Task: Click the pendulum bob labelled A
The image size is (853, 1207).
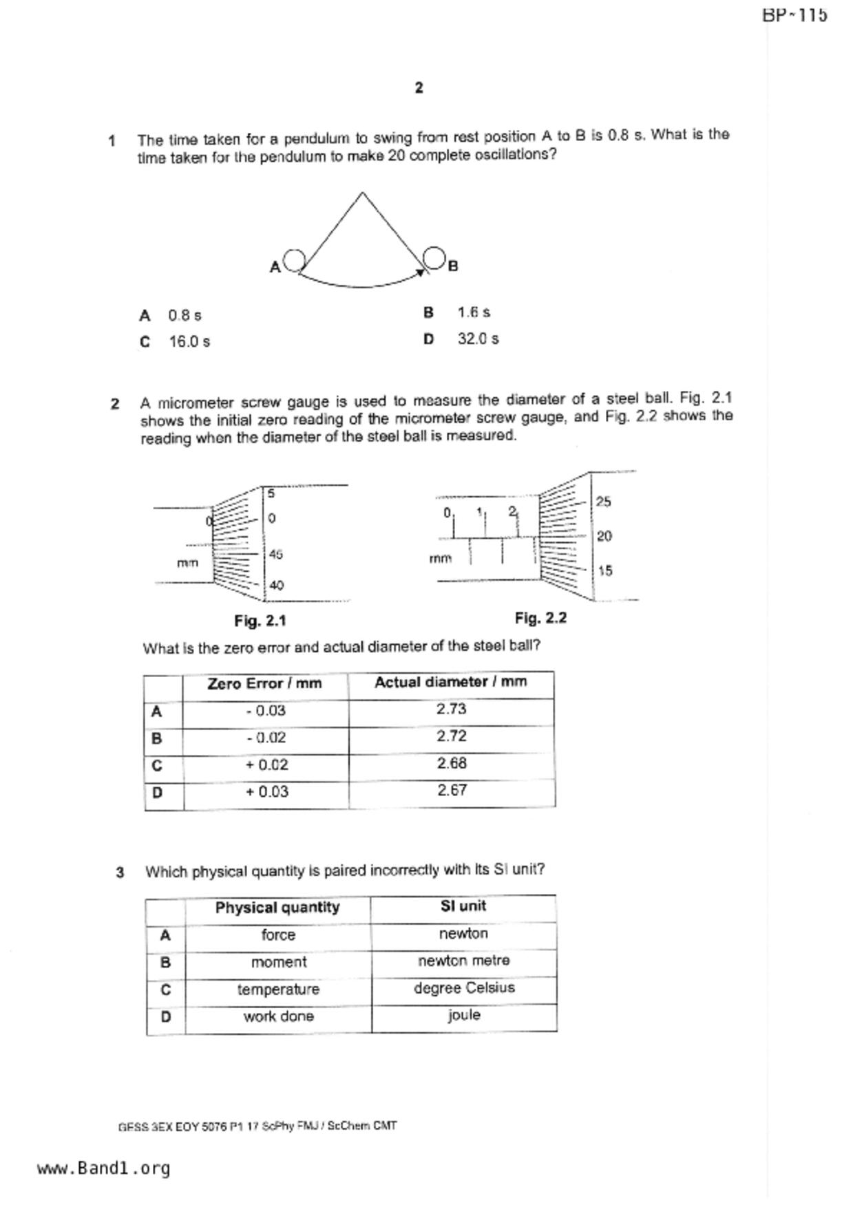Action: [295, 260]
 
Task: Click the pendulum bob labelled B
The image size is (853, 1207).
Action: [434, 257]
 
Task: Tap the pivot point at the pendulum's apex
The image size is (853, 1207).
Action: [362, 193]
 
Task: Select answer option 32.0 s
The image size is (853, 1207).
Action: [478, 339]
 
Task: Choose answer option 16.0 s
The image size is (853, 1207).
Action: [189, 341]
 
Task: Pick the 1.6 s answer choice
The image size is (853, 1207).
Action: [474, 312]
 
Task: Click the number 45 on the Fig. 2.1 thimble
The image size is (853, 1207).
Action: [275, 555]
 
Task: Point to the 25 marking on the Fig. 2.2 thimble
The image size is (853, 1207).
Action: [603, 502]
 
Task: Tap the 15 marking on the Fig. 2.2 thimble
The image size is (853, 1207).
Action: [604, 570]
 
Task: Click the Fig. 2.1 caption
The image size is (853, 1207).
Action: [260, 621]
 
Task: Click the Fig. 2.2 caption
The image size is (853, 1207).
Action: [540, 618]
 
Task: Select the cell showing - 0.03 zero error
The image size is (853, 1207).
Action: [266, 711]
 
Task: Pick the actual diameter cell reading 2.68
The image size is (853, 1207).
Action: [452, 763]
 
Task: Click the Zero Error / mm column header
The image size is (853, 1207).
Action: [265, 684]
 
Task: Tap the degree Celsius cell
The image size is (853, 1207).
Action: [464, 988]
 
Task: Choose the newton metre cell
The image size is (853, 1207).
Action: [464, 961]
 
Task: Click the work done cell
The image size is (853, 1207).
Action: [278, 1016]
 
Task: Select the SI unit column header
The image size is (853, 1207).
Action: [463, 906]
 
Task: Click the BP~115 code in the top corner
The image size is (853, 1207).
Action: [794, 15]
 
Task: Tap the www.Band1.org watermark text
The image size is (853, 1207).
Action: [103, 1168]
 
